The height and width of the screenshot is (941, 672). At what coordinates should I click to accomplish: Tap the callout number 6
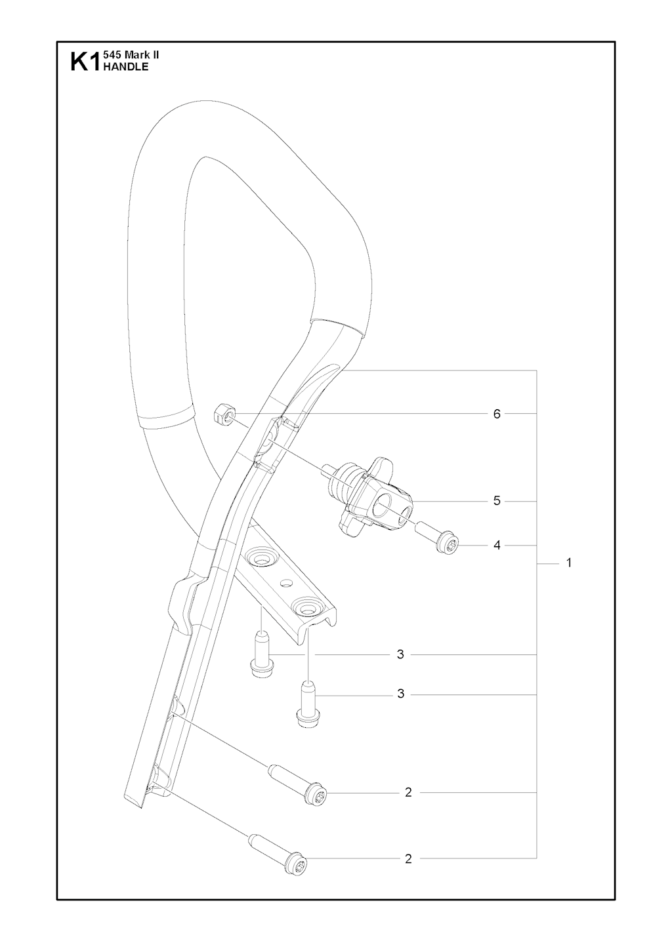(x=497, y=414)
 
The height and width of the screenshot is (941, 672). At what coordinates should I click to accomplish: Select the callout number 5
(x=497, y=501)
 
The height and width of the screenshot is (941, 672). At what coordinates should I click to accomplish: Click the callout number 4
(x=497, y=546)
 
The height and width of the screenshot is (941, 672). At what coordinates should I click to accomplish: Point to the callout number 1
(x=569, y=563)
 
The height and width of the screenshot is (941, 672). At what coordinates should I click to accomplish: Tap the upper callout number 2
(x=408, y=792)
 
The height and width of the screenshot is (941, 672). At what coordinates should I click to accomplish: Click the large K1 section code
(x=84, y=62)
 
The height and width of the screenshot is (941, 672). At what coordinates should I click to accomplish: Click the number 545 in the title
(x=111, y=54)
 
